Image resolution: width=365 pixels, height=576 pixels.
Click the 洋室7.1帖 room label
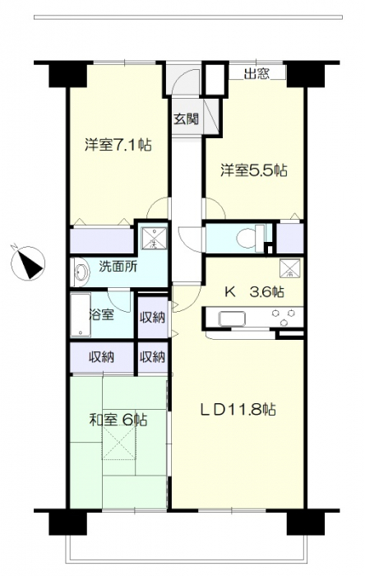pyautogui.click(x=118, y=145)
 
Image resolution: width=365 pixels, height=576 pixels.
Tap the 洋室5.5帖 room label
pyautogui.click(x=254, y=170)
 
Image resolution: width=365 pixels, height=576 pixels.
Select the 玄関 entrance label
pyautogui.click(x=187, y=118)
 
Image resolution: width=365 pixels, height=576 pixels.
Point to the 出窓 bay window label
pyautogui.click(x=257, y=74)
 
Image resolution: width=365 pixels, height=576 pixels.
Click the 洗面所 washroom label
pyautogui.click(x=118, y=267)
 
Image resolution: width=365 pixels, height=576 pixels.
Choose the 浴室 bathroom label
pyautogui.click(x=101, y=314)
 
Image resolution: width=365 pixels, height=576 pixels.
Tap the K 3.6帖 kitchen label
pyautogui.click(x=254, y=292)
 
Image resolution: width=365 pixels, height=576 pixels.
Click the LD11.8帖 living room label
pyautogui.click(x=238, y=410)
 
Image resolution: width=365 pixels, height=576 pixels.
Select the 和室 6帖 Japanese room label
pyautogui.click(x=119, y=420)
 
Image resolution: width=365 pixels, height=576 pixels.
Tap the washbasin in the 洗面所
pyautogui.click(x=81, y=272)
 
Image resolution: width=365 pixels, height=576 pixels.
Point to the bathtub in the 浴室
pyautogui.click(x=81, y=315)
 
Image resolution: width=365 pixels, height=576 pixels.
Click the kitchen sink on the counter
pyautogui.click(x=232, y=318)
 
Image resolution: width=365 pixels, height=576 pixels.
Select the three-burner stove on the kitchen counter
pyautogui.click(x=283, y=318)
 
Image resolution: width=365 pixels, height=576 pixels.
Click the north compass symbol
pyautogui.click(x=28, y=262)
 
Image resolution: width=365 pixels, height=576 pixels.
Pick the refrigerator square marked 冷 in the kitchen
pyautogui.click(x=290, y=268)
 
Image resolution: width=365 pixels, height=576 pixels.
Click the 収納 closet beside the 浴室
pyautogui.click(x=153, y=317)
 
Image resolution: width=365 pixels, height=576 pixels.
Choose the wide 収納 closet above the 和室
pyautogui.click(x=102, y=356)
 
